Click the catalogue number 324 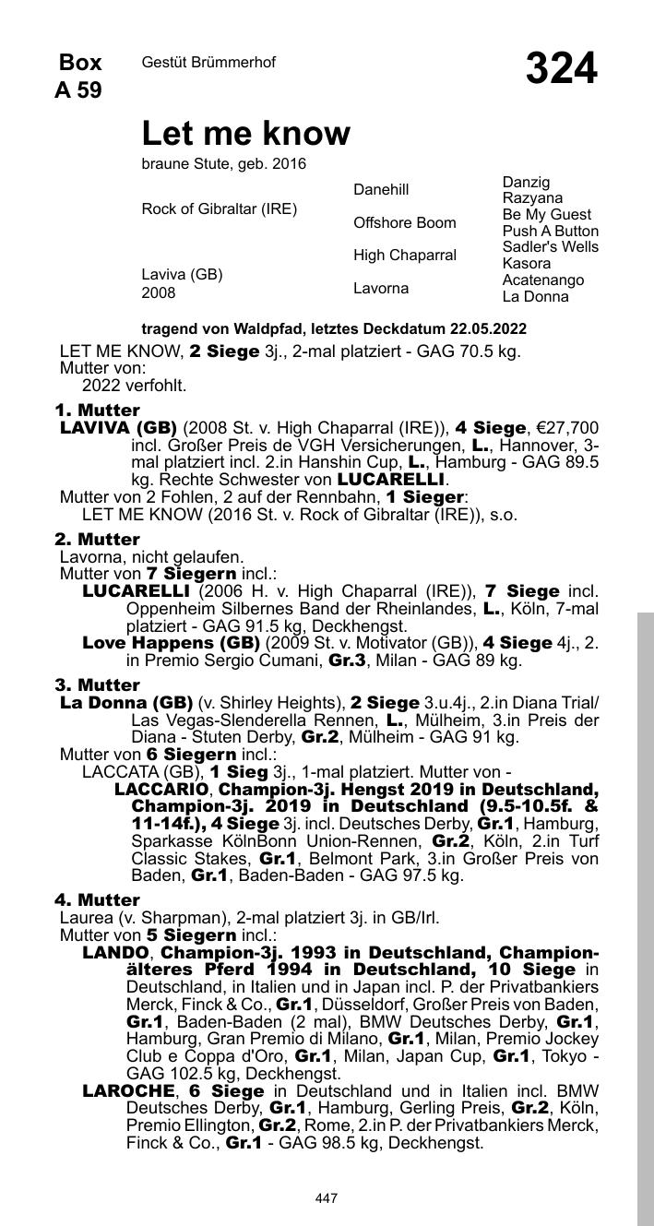[561, 68]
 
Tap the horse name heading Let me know [245, 134]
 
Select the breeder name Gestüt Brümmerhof [208, 62]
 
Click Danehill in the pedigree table [380, 189]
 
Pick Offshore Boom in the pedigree [404, 222]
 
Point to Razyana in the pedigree [532, 198]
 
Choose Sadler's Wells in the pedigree [550, 246]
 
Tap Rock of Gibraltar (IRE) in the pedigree [219, 208]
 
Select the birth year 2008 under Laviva [159, 292]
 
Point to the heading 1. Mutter [97, 410]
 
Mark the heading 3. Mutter [97, 684]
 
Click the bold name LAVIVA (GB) [118, 428]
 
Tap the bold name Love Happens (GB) [171, 642]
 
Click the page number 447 [326, 1198]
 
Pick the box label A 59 [78, 90]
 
